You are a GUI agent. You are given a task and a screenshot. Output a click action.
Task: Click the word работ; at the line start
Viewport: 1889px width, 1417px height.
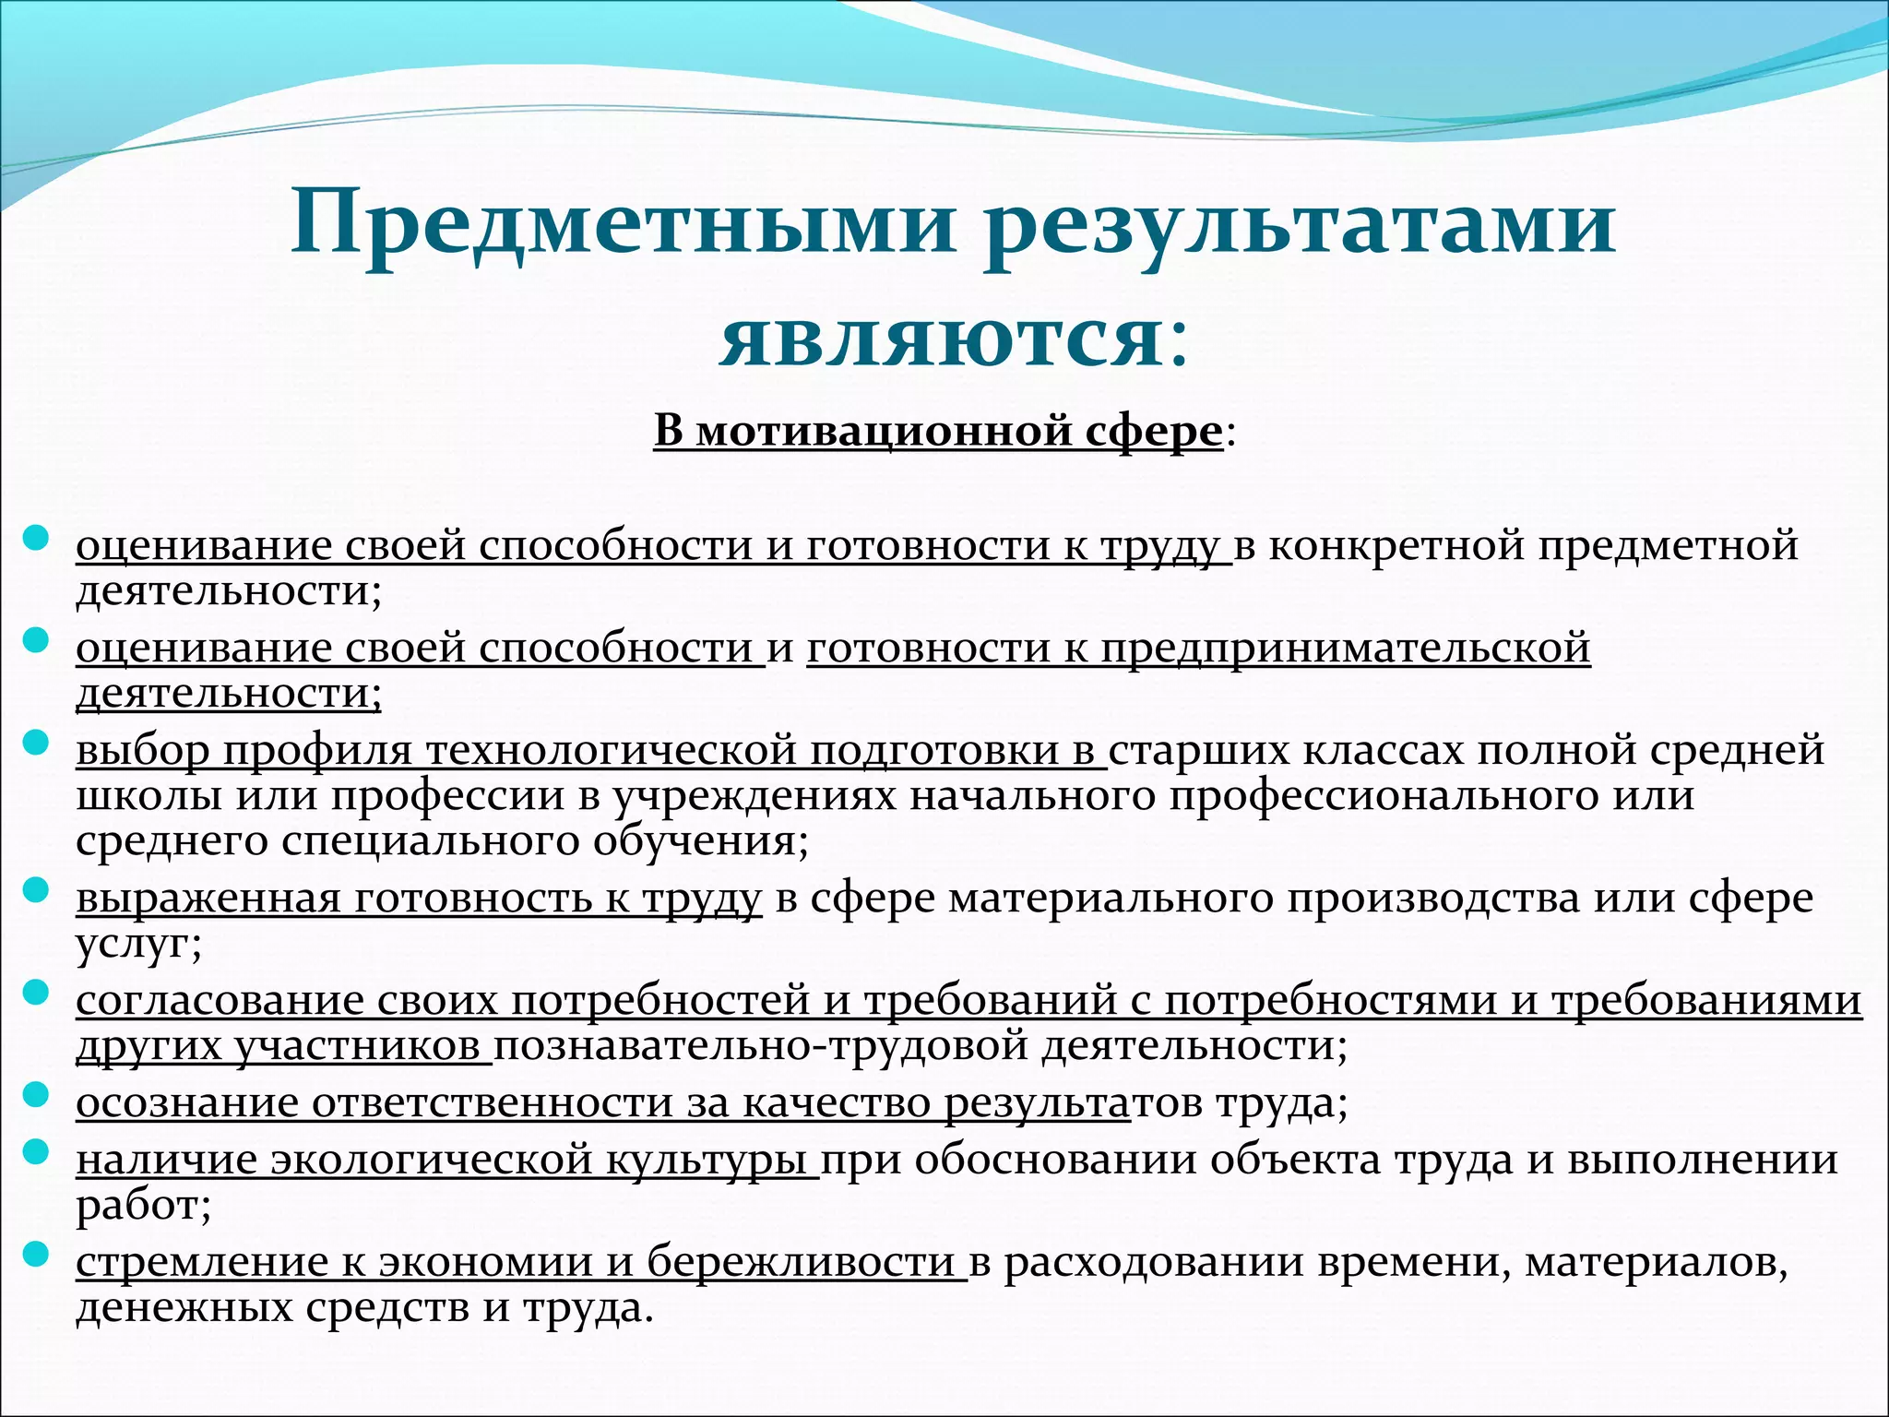[143, 1205]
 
